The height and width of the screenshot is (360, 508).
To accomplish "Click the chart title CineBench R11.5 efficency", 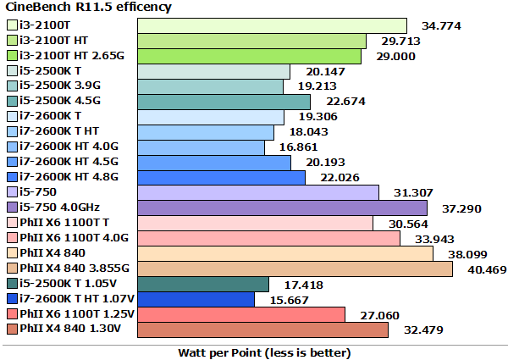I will coord(89,8).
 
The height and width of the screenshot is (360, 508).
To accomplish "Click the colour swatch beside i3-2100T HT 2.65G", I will coord(11,56).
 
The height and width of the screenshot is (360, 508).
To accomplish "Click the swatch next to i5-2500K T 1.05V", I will coord(11,285).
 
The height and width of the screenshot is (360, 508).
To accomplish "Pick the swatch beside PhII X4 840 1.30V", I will coord(11,330).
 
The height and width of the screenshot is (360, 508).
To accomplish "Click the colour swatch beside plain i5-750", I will coord(11,193).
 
